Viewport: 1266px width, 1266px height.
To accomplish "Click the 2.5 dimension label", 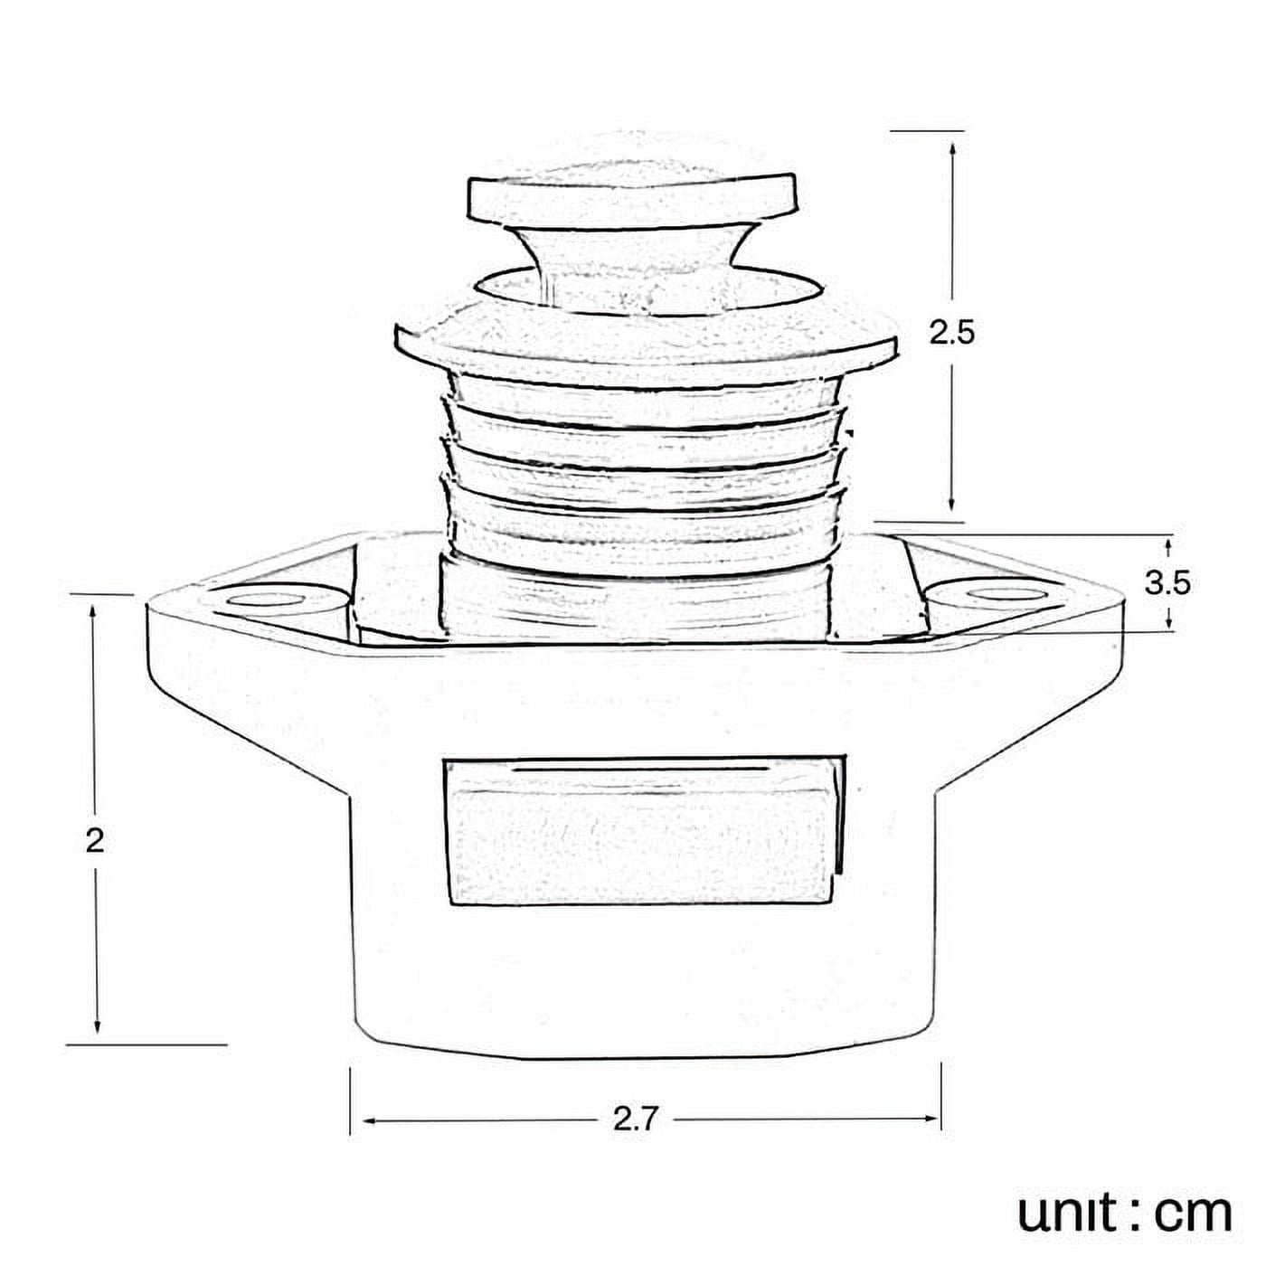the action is [x=951, y=334].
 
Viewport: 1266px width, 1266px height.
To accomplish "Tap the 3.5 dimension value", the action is [x=1167, y=582].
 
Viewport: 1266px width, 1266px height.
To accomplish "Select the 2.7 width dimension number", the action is [x=636, y=1116].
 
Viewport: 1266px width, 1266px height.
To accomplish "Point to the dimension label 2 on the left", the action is [x=95, y=840].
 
